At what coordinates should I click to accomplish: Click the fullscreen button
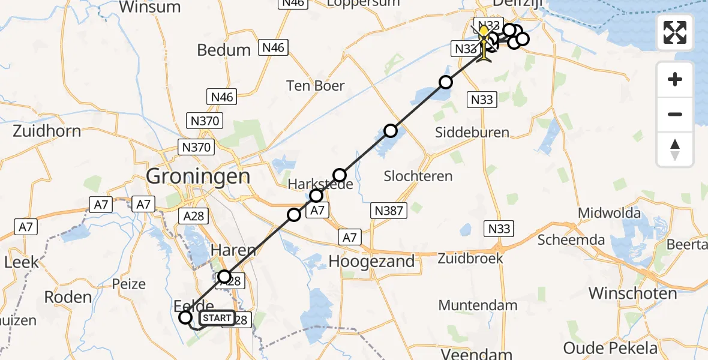point(675,32)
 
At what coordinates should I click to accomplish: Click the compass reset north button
point(675,149)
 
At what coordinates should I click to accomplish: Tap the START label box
point(216,318)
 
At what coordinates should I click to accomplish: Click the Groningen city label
point(198,176)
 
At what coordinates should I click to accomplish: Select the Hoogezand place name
point(371,261)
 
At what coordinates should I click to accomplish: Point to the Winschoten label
point(632,293)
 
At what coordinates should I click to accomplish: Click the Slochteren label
point(419,176)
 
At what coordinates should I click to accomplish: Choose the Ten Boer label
point(316,86)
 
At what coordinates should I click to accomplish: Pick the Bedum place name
point(224,50)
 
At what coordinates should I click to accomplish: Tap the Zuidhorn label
point(47,130)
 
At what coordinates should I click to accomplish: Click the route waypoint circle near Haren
point(224,277)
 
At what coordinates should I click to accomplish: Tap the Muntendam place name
point(478,305)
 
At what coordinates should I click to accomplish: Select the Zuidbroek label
point(469,258)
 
